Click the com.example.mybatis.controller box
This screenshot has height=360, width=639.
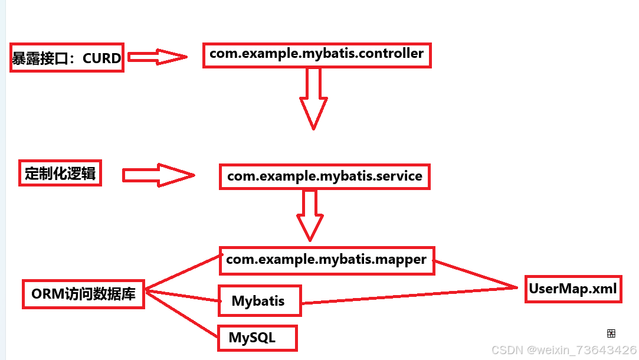pyautogui.click(x=316, y=54)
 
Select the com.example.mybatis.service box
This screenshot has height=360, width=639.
pyautogui.click(x=325, y=176)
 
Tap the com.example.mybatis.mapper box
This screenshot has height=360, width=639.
pyautogui.click(x=326, y=260)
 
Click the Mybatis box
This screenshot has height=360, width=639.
pyautogui.click(x=258, y=301)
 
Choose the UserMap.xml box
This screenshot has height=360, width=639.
pyautogui.click(x=572, y=289)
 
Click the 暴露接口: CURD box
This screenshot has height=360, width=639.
pyautogui.click(x=67, y=58)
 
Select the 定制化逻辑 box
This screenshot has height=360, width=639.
pyautogui.click(x=60, y=174)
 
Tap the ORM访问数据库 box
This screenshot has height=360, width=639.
pyautogui.click(x=83, y=294)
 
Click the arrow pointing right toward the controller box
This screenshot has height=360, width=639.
pyautogui.click(x=157, y=57)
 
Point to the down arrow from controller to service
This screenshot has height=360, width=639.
pyautogui.click(x=313, y=97)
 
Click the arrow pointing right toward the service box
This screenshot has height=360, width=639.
pyautogui.click(x=158, y=175)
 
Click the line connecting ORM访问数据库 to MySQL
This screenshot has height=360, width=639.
pyautogui.click(x=182, y=313)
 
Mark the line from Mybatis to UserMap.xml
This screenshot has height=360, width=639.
pyautogui.click(x=407, y=296)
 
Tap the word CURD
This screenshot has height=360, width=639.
pyautogui.click(x=101, y=58)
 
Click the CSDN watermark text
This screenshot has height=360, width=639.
pyautogui.click(x=563, y=350)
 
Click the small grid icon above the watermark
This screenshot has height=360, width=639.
pyautogui.click(x=611, y=333)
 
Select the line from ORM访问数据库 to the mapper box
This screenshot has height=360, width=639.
pyautogui.click(x=182, y=272)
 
